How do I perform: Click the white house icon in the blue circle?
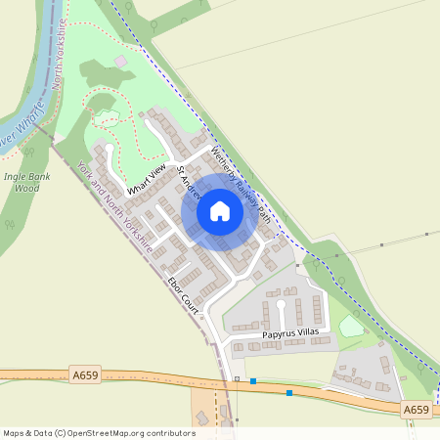pyautogui.click(x=220, y=210)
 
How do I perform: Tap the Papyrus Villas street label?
pyautogui.click(x=290, y=334)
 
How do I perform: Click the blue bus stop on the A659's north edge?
pyautogui.click(x=253, y=381)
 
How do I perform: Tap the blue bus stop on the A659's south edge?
pyautogui.click(x=288, y=393)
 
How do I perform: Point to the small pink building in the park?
pyautogui.click(x=120, y=61)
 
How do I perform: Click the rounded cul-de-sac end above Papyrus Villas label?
pyautogui.click(x=282, y=304)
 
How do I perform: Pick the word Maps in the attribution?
pyautogui.click(x=15, y=433)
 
